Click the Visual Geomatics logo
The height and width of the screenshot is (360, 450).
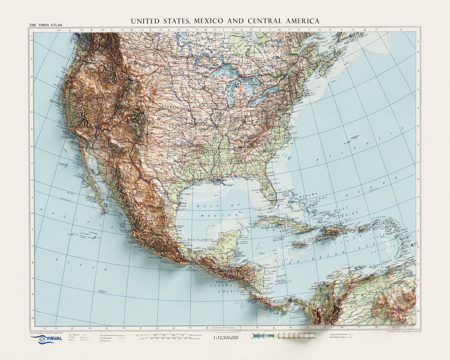[x=47, y=339]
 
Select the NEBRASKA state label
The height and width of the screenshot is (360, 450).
[x=170, y=108]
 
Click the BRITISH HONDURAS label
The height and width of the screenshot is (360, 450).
[x=242, y=254]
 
